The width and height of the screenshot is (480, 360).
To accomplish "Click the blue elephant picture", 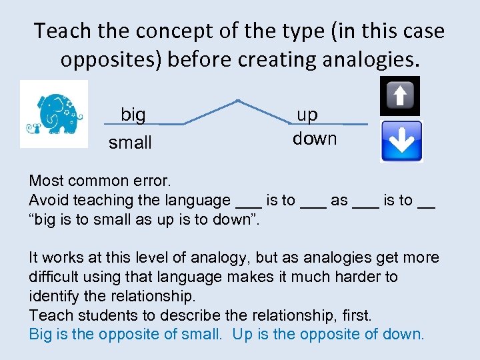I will point(54,114).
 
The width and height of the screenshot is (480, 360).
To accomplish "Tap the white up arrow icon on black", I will point(400,95).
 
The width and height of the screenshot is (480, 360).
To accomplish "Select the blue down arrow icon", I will point(401,141).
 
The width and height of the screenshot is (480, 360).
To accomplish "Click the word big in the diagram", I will point(133,115).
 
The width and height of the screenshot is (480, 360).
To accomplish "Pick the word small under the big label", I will point(130,143).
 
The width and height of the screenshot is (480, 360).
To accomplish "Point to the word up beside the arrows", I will point(307,115).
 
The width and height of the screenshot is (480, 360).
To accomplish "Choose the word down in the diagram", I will point(315,139).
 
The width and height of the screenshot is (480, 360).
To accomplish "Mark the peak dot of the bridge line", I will point(238,102).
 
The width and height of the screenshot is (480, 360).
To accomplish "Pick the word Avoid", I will point(47,200).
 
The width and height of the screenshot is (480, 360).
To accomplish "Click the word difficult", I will point(55,277).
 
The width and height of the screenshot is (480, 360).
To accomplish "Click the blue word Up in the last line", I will point(242,334).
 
